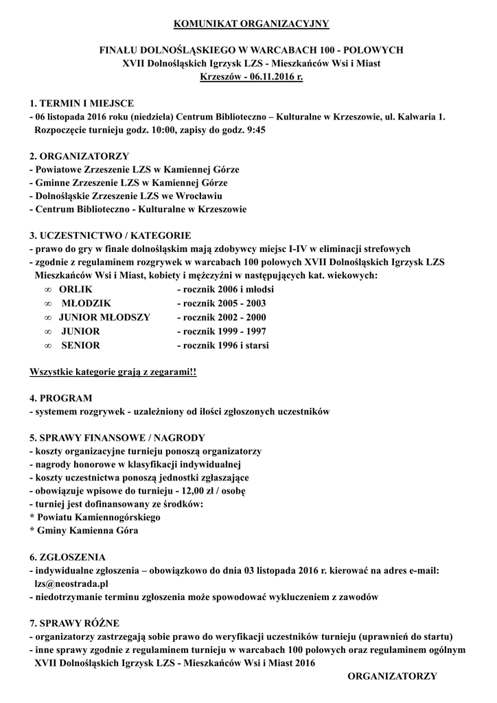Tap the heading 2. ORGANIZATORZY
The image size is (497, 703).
pyautogui.click(x=79, y=157)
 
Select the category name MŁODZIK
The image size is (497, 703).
pyautogui.click(x=86, y=303)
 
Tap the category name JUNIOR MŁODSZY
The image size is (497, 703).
pyautogui.click(x=104, y=317)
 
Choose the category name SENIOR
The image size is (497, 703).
pyautogui.click(x=81, y=345)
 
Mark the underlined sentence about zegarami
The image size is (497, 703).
pyautogui.click(x=113, y=372)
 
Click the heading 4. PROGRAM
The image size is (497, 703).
pyautogui.click(x=60, y=398)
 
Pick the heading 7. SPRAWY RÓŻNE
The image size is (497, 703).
pyautogui.click(x=75, y=623)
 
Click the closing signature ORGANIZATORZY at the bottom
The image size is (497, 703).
pyautogui.click(x=393, y=676)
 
